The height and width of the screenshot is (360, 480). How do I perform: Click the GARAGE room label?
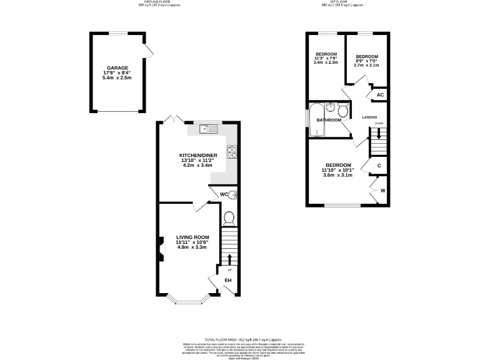(x=117, y=67)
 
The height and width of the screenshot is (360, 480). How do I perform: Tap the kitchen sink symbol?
(x=208, y=129)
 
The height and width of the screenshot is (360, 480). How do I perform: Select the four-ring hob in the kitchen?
(x=232, y=150)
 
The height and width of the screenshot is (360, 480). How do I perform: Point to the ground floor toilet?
(x=229, y=217)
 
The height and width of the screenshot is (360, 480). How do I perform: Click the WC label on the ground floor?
(x=223, y=195)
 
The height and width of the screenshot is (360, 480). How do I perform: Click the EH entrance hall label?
(x=228, y=281)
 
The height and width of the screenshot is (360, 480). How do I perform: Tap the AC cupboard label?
(x=379, y=96)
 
